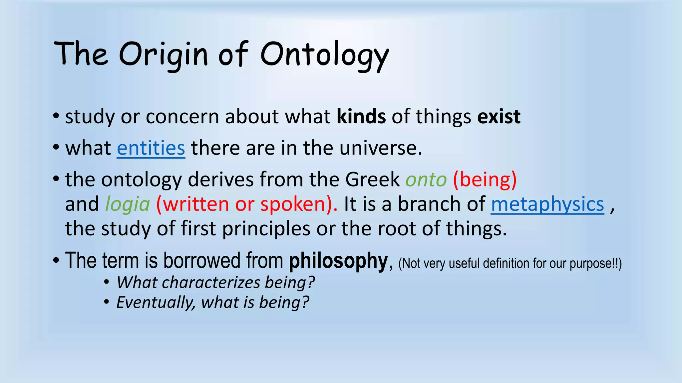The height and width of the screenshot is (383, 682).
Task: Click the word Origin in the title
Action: (x=163, y=55)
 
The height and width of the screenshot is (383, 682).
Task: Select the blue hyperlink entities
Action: (x=151, y=148)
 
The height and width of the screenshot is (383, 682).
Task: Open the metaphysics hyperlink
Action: (x=547, y=204)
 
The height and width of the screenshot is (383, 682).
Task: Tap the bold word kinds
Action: (x=361, y=117)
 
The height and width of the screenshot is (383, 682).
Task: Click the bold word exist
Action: (x=499, y=117)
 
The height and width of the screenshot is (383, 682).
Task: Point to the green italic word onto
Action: (x=426, y=180)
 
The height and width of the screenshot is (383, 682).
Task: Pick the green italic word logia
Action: (x=128, y=204)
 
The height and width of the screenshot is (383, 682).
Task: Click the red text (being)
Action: (x=485, y=180)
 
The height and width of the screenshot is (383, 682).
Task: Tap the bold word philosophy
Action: (x=338, y=261)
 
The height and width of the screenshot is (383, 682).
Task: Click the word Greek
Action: (x=372, y=180)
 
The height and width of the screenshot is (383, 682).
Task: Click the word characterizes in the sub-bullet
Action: (x=211, y=283)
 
